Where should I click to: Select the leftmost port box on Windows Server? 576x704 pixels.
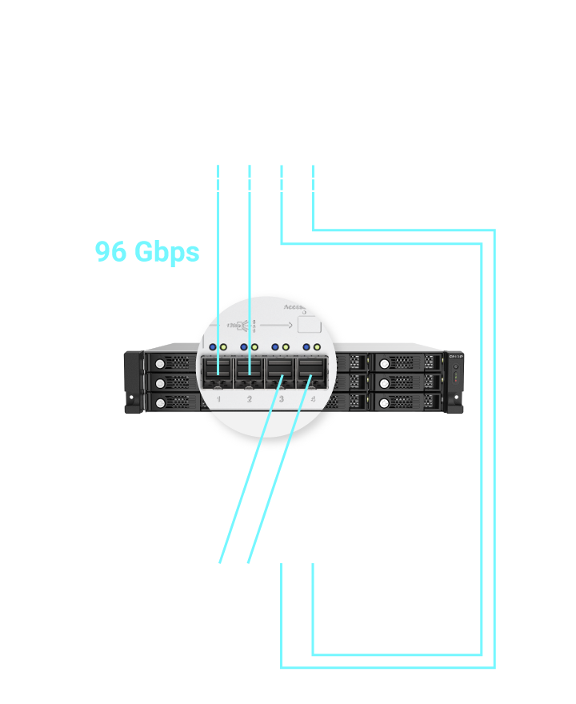point(218,166)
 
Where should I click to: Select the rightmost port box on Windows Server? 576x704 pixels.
point(314,166)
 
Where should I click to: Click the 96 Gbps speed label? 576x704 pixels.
point(147,251)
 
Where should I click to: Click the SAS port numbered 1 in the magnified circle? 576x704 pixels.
point(218,373)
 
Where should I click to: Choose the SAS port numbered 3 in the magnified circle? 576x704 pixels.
point(280,373)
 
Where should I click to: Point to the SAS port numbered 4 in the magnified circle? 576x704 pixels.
point(310,373)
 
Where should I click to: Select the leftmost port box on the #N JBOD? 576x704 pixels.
point(218,562)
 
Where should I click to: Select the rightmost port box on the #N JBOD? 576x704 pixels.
point(313,562)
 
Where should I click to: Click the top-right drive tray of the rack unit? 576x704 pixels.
point(408,362)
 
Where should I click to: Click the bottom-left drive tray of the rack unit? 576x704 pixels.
point(169,402)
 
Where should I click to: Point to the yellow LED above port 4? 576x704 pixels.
point(318,347)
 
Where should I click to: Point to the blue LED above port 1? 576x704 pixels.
point(212,347)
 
